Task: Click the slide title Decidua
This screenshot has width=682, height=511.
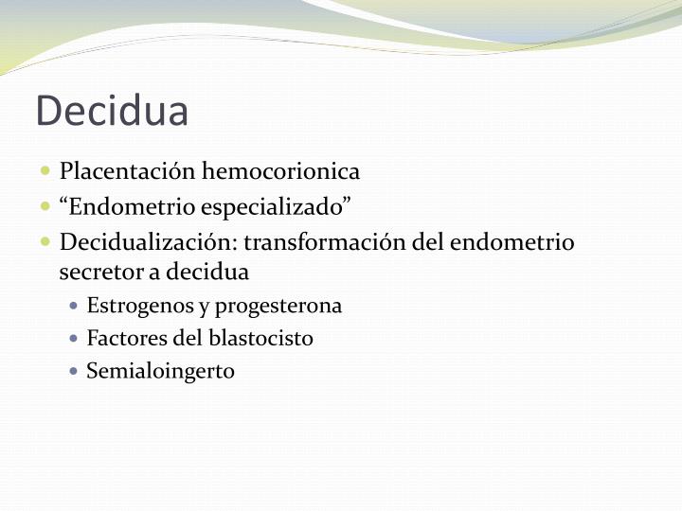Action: (112, 111)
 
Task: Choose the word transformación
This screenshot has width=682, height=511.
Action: (325, 241)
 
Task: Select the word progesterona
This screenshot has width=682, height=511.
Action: (278, 307)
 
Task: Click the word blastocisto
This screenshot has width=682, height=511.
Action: (266, 338)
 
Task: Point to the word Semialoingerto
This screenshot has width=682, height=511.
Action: (160, 371)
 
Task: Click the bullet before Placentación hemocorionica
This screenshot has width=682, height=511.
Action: (45, 171)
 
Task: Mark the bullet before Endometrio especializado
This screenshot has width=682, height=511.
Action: (45, 206)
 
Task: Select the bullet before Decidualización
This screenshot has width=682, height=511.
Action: (45, 241)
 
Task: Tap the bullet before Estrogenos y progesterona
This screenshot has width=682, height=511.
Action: (75, 307)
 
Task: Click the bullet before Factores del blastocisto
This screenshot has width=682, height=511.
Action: (75, 338)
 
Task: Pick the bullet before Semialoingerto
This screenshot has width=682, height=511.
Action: (75, 370)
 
